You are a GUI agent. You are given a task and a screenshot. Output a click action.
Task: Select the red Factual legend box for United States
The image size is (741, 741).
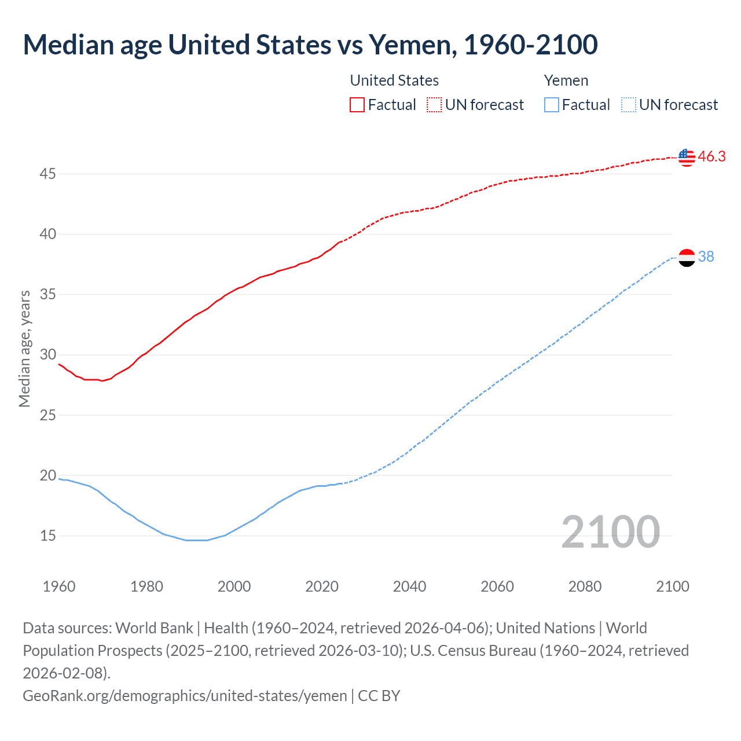tap(357, 105)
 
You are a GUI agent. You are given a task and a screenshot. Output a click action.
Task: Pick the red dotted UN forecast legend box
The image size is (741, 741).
tap(434, 105)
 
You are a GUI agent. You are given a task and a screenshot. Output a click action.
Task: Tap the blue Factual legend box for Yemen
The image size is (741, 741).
tap(551, 105)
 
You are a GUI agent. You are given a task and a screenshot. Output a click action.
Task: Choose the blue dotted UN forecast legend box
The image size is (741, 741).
tap(628, 105)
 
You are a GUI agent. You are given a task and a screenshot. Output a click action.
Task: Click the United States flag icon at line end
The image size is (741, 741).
tap(687, 157)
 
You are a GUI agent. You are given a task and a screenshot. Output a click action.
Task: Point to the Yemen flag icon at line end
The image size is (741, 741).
tap(687, 257)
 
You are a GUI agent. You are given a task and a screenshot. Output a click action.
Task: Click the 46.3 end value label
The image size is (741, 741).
tap(711, 157)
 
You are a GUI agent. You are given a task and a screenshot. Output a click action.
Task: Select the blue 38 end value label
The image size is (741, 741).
tap(706, 256)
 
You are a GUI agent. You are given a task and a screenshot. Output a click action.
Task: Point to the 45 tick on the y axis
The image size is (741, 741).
tap(47, 174)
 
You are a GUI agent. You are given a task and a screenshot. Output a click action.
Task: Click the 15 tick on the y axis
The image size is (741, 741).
tap(47, 536)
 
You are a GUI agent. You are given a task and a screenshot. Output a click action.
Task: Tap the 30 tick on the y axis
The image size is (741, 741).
tap(47, 355)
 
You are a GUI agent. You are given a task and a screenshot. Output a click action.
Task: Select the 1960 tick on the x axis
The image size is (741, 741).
tap(59, 586)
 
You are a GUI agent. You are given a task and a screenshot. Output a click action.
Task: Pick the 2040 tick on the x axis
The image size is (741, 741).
tap(409, 586)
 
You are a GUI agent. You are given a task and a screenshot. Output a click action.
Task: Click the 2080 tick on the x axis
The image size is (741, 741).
tap(585, 586)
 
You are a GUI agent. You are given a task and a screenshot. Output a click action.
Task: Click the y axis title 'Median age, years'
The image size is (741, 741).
tap(24, 349)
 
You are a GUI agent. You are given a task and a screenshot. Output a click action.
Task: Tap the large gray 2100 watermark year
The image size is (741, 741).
tap(610, 532)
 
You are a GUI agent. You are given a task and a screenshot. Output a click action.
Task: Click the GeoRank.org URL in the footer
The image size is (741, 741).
tap(185, 695)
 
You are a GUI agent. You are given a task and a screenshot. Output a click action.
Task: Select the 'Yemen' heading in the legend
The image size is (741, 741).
tap(566, 80)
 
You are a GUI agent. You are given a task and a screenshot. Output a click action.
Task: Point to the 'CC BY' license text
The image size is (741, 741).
tap(379, 695)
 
